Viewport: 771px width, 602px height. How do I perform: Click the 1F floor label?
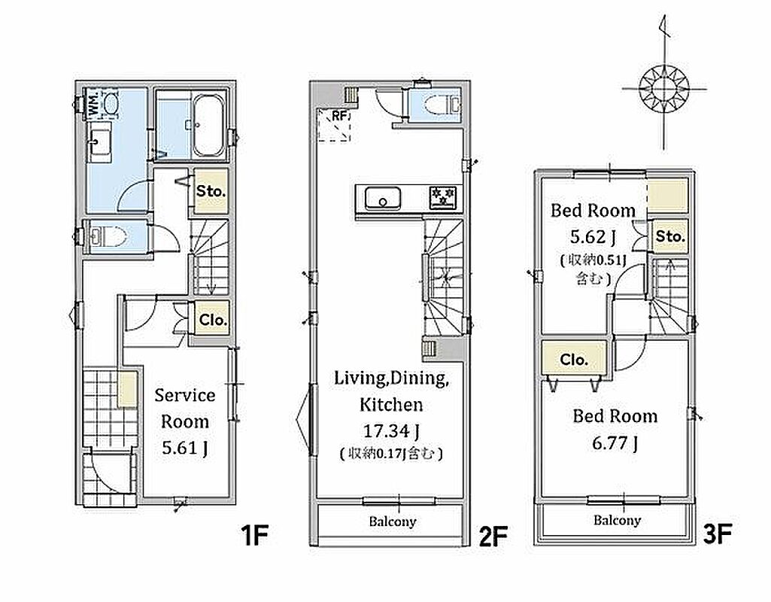[x=255, y=536]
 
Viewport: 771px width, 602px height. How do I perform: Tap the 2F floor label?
[x=493, y=536]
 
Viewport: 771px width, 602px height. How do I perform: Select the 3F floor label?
[x=718, y=534]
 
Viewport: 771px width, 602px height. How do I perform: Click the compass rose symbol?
[x=664, y=90]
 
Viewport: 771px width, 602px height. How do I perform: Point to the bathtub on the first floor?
[x=208, y=125]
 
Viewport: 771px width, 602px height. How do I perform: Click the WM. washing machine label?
[x=94, y=103]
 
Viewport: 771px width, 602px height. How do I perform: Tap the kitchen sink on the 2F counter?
[x=383, y=199]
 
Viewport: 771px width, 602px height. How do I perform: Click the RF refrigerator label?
[x=340, y=116]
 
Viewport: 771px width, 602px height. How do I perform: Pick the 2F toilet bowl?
[x=433, y=105]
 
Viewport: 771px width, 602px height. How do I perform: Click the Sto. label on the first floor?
[x=211, y=191]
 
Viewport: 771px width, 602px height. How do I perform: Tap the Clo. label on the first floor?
[x=213, y=320]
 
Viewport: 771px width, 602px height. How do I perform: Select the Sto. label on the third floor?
[x=670, y=236]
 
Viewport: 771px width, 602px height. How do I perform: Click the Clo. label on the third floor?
[x=574, y=360]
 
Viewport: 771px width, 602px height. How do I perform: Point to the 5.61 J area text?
[x=185, y=448]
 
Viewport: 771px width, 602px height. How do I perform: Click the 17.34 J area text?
[x=391, y=431]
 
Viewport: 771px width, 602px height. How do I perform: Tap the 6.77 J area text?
[x=615, y=443]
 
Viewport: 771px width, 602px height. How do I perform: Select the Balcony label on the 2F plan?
[x=393, y=521]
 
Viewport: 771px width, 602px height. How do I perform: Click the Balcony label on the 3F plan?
[x=617, y=521]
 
